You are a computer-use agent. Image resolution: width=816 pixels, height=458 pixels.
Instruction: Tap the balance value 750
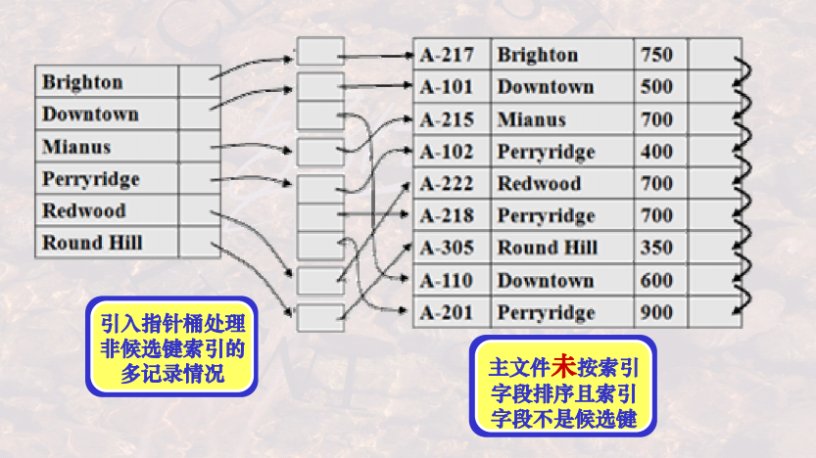pyautogui.click(x=656, y=55)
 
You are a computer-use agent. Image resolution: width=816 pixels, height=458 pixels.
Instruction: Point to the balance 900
pyautogui.click(x=656, y=313)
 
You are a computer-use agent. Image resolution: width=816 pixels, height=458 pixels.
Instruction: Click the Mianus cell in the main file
pyautogui.click(x=531, y=119)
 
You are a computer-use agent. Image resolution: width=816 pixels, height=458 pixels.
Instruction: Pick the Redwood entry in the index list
pyautogui.click(x=84, y=211)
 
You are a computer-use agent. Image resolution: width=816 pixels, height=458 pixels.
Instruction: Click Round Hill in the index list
pyautogui.click(x=92, y=244)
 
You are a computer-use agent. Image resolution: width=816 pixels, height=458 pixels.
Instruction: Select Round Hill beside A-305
pyautogui.click(x=548, y=248)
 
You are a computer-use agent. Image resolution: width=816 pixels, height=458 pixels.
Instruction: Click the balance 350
pyautogui.click(x=656, y=248)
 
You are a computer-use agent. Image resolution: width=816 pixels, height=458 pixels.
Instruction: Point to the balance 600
pyautogui.click(x=656, y=281)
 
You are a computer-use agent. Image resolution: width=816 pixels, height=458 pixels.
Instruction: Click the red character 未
pyautogui.click(x=562, y=367)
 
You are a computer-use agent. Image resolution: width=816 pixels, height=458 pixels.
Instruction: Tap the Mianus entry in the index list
pyautogui.click(x=76, y=147)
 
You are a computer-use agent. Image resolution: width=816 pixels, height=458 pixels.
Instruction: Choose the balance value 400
pyautogui.click(x=656, y=152)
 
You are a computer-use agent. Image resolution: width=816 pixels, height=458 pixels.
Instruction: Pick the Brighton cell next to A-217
pyautogui.click(x=538, y=55)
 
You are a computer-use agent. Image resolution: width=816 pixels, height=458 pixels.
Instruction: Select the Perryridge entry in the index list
pyautogui.click(x=91, y=179)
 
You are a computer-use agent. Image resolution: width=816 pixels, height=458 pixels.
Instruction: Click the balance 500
pyautogui.click(x=656, y=87)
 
